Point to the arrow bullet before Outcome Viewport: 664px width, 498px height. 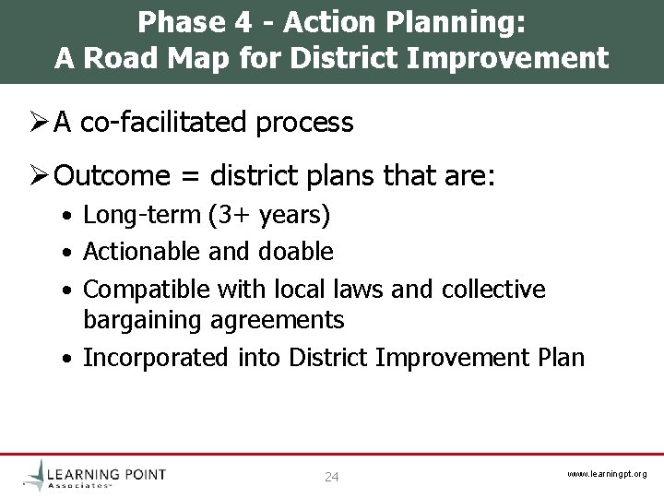38,175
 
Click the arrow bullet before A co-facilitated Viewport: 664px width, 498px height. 38,124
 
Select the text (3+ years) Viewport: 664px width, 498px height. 269,216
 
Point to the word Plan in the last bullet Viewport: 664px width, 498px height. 559,357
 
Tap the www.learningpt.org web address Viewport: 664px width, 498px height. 606,474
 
